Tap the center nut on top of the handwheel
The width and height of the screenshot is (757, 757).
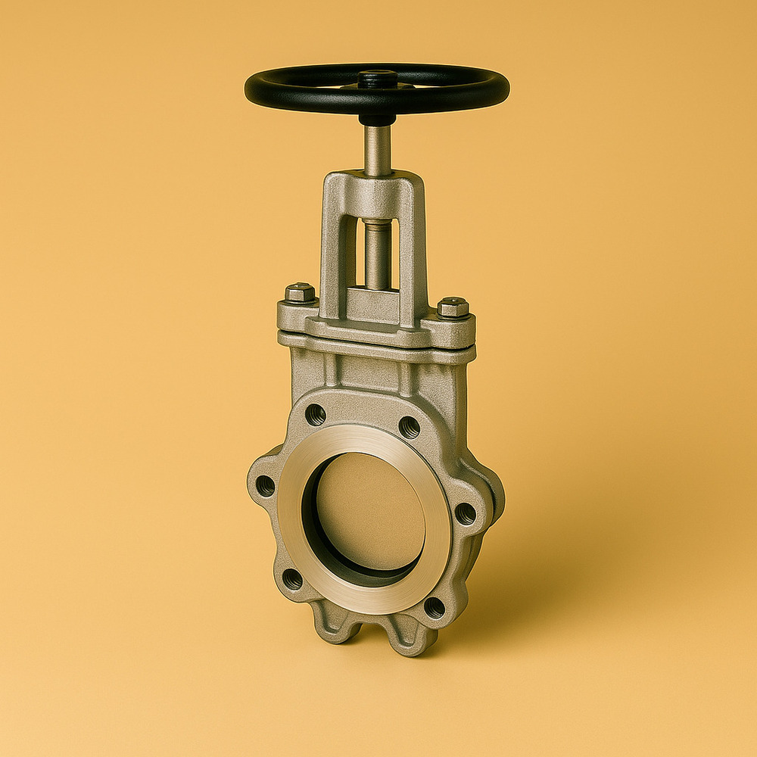click(x=377, y=76)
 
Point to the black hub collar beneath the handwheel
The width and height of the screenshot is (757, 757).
click(x=377, y=119)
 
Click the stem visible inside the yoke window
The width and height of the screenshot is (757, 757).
click(x=376, y=254)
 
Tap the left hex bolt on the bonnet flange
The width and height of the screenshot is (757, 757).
click(x=301, y=293)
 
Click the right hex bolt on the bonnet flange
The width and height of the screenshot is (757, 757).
click(x=453, y=307)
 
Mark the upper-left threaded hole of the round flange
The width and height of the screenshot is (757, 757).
click(x=316, y=414)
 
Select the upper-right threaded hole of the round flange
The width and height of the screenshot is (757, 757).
click(x=409, y=427)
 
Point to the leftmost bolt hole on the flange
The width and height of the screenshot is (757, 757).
click(x=266, y=485)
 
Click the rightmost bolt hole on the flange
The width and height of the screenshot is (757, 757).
click(x=465, y=514)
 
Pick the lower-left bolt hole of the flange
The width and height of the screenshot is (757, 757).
click(x=292, y=579)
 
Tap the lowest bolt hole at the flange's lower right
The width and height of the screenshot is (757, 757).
click(x=435, y=607)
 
